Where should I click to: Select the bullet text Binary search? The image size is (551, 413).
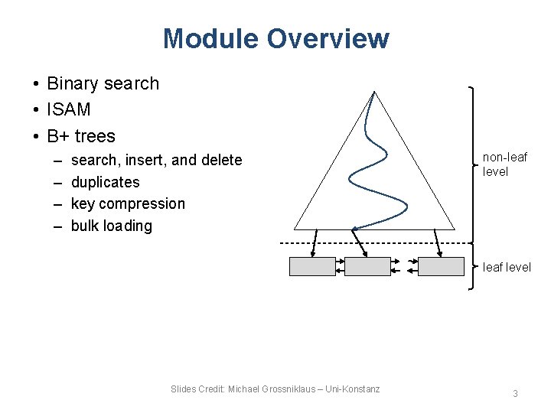tap(103, 83)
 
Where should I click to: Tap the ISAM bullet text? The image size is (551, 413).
tap(68, 109)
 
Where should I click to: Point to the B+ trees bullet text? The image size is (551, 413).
tap(81, 136)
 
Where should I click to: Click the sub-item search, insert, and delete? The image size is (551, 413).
tap(156, 160)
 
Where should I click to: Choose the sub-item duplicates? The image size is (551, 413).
tap(105, 182)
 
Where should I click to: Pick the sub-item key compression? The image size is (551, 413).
tap(128, 203)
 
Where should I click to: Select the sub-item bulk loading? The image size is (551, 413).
tap(111, 226)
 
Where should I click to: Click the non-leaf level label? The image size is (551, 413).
tap(504, 164)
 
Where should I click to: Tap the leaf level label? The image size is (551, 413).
tap(506, 267)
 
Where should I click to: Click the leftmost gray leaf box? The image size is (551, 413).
tap(312, 266)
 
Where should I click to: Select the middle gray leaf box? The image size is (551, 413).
tap(367, 266)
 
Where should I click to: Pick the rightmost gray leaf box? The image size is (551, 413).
tap(441, 266)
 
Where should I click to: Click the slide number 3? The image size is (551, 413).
tap(515, 394)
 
